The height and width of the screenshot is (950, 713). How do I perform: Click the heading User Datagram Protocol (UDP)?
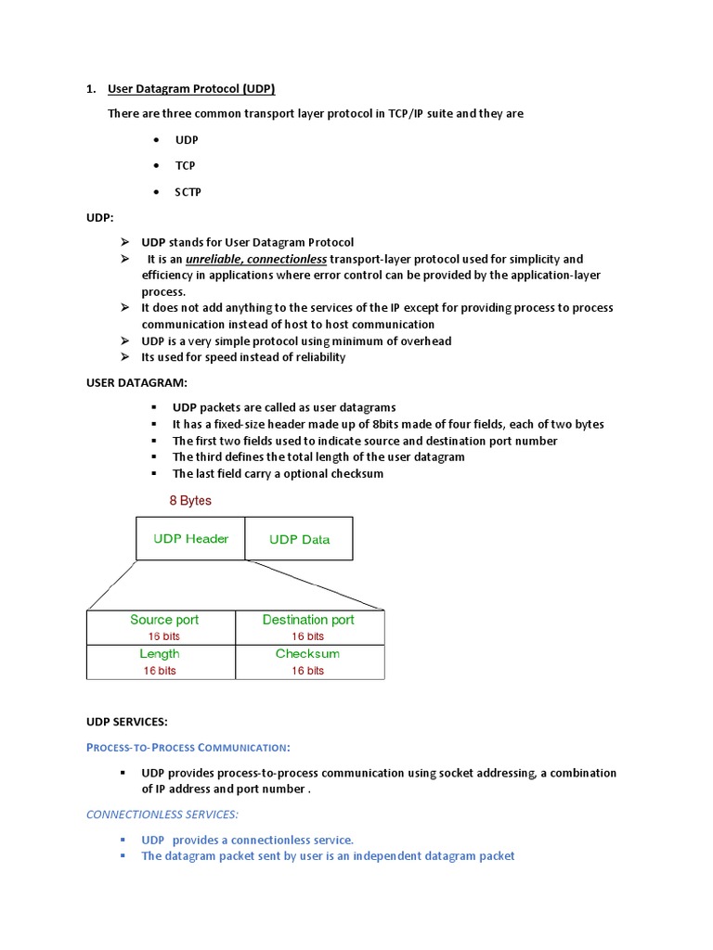coord(191,89)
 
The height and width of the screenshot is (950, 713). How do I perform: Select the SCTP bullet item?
coord(188,192)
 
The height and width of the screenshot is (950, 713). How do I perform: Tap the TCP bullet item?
coord(185,166)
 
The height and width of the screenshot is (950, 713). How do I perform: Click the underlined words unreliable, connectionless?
coord(256,259)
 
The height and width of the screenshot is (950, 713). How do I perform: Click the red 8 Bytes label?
coord(189,501)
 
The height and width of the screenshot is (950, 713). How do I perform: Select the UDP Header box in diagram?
coord(190,539)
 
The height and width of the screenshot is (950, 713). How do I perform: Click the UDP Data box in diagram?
coord(299,539)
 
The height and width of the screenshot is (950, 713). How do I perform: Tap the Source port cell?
coord(163,620)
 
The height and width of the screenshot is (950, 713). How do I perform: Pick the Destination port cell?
coord(308,620)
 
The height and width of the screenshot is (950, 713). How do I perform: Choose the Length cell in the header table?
coord(160,654)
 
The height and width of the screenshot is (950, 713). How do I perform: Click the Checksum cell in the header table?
coord(307,654)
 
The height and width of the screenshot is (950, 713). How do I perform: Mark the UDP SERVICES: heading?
coord(127,721)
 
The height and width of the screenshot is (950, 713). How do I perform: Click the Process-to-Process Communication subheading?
coord(188,747)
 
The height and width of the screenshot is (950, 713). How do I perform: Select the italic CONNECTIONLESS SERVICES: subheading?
coord(162,815)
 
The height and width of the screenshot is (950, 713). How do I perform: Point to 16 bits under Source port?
coord(163,636)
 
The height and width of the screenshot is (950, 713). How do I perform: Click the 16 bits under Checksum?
coord(307,670)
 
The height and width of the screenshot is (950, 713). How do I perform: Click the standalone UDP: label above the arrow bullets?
coord(100,217)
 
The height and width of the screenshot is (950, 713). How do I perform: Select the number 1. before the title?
coord(92,89)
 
